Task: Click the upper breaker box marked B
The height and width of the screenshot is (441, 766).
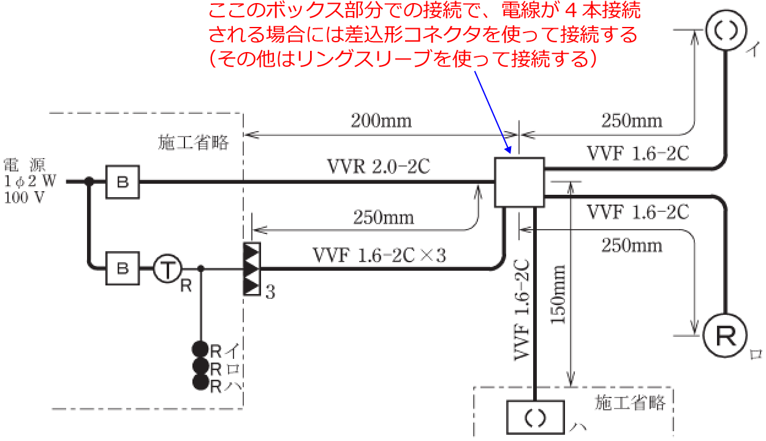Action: click(123, 182)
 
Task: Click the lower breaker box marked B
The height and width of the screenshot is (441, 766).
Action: click(123, 268)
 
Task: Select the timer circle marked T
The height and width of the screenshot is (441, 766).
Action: click(167, 268)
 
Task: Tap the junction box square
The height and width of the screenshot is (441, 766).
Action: click(520, 182)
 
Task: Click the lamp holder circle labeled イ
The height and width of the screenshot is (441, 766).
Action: click(726, 30)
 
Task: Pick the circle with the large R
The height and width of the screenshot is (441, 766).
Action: click(726, 336)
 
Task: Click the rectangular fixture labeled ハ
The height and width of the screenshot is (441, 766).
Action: click(535, 417)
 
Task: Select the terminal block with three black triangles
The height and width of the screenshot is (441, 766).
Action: click(252, 269)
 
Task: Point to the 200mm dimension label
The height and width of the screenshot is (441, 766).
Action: click(381, 121)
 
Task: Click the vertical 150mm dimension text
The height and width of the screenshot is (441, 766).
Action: click(558, 294)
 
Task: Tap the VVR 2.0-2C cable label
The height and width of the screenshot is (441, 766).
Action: click(379, 167)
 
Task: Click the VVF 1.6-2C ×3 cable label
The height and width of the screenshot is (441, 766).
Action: click(379, 255)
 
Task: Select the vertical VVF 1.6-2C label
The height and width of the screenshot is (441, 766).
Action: click(522, 310)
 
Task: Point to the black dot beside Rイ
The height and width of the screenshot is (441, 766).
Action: click(200, 349)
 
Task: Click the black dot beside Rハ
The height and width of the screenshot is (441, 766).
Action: click(201, 382)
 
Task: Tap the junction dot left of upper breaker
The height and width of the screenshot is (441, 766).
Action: click(89, 181)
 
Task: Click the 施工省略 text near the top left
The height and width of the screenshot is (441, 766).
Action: click(193, 142)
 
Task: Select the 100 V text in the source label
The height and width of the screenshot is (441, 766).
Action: click(25, 197)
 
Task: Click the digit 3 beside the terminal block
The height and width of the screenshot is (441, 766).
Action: click(270, 292)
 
